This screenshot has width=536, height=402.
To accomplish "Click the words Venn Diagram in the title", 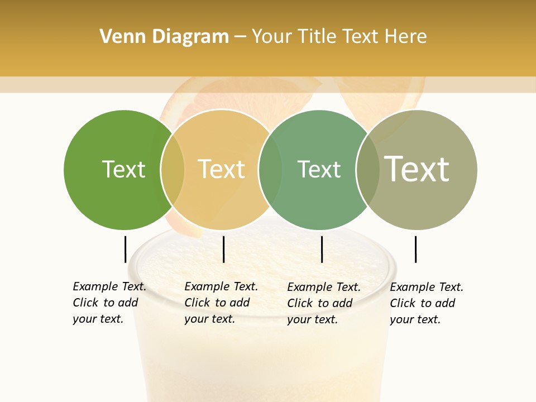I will (164, 37).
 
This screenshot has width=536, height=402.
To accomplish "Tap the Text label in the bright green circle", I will (123, 169).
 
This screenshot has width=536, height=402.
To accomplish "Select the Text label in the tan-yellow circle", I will (221, 169).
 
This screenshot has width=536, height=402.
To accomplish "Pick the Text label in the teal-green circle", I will (319, 169).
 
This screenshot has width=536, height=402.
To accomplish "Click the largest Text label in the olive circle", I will (417, 169).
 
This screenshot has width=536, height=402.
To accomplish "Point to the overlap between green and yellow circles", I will (173, 169).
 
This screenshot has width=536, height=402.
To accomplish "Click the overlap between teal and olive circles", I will (368, 169).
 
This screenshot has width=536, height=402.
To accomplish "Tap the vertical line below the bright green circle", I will (125, 249).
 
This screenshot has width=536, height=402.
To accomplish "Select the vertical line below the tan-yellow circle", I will (223, 249).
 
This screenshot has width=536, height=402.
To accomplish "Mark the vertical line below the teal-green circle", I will (322, 249).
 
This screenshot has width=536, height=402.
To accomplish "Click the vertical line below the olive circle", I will (415, 249).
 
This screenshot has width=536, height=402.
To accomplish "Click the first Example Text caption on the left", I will (109, 303).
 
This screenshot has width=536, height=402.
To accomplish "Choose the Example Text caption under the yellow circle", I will (221, 303).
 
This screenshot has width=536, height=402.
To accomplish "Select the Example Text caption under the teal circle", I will (323, 303).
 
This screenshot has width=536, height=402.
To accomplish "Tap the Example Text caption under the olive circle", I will (426, 303).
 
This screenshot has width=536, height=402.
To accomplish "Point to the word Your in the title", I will (272, 37).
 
